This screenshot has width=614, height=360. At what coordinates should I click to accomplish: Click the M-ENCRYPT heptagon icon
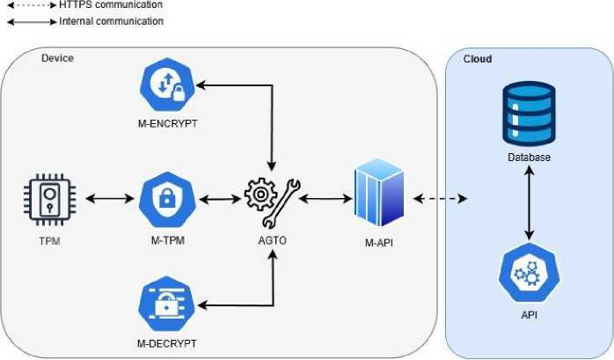[166, 86]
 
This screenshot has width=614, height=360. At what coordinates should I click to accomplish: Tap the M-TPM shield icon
[166, 199]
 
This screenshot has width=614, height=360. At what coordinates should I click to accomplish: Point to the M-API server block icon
[378, 195]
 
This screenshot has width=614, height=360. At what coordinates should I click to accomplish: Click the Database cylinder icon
[528, 113]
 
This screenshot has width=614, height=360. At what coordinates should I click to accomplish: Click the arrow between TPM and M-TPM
[105, 199]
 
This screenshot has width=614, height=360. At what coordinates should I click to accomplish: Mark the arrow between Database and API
[528, 203]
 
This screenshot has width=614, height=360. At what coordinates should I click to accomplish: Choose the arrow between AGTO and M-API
[326, 199]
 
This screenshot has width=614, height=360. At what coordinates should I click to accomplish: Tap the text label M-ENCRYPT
[167, 124]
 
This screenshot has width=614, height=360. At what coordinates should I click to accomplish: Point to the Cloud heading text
[477, 59]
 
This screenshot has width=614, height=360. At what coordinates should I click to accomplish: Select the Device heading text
[58, 58]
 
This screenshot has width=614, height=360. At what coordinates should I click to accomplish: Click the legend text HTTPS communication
[111, 5]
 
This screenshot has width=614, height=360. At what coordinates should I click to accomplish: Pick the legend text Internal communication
[112, 21]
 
